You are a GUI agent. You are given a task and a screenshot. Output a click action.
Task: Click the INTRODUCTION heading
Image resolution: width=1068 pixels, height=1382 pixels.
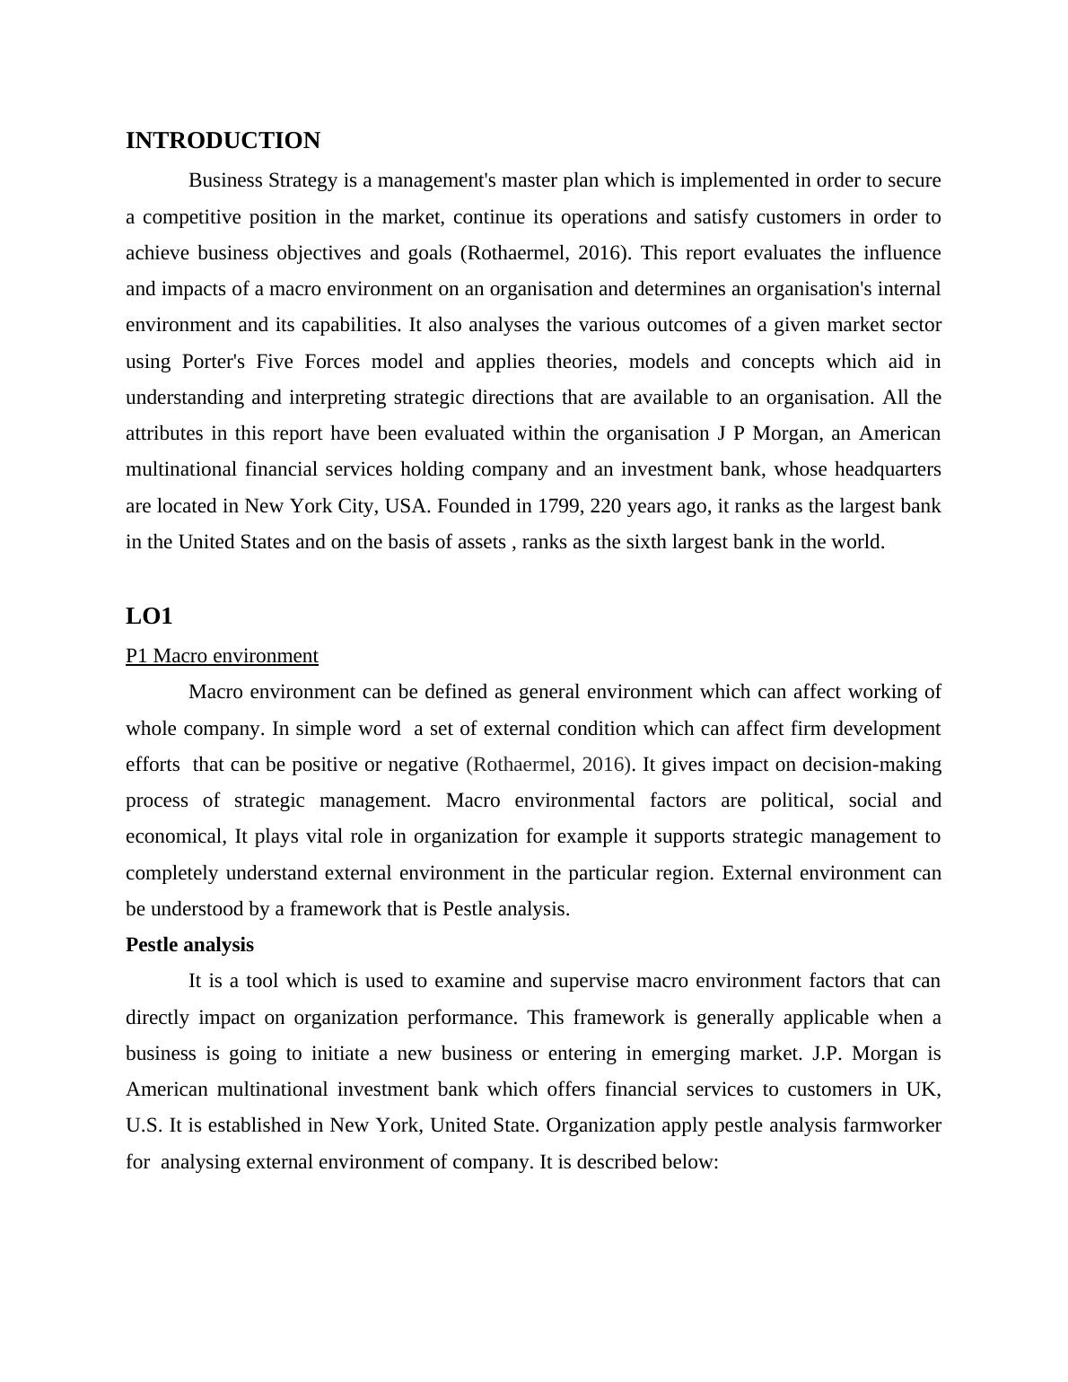(x=223, y=141)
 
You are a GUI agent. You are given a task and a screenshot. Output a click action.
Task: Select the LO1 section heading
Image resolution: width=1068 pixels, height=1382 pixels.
(x=149, y=617)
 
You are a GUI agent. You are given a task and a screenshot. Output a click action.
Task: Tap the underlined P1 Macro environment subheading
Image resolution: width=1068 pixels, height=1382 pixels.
(x=222, y=656)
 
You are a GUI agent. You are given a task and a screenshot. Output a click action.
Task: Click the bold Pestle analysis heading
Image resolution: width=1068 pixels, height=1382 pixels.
(x=189, y=945)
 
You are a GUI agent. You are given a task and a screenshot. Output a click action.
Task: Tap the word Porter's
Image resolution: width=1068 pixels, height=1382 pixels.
(x=214, y=362)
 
